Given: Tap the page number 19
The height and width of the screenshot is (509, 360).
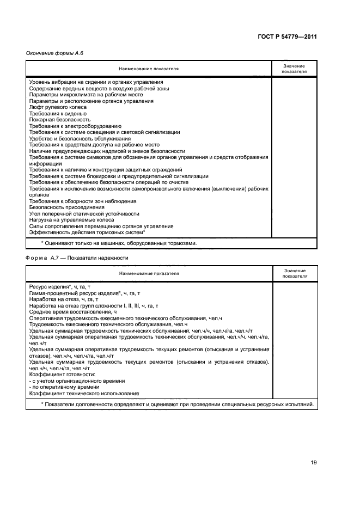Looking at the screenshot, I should [313, 462].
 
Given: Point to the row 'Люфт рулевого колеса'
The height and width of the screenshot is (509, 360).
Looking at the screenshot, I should [54, 107].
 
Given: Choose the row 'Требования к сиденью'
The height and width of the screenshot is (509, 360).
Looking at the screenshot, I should [54, 114].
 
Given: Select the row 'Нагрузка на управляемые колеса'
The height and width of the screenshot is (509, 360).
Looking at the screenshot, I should [71, 220].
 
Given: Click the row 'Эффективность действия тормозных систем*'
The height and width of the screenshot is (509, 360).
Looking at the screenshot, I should [87, 232].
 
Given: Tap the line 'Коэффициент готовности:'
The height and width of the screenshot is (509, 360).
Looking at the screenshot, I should [62, 375].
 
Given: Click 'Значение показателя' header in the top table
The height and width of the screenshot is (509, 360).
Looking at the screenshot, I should [294, 69].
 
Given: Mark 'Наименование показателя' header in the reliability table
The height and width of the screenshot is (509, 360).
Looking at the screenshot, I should [149, 273].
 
